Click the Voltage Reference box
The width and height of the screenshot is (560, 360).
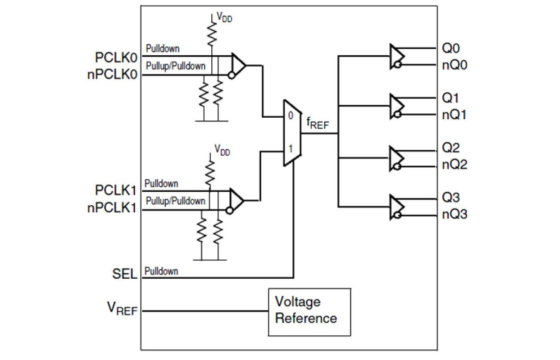click(x=309, y=311)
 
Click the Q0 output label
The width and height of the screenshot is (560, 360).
click(x=450, y=48)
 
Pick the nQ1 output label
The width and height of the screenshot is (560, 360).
click(x=454, y=115)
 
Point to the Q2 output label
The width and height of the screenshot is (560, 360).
click(x=450, y=148)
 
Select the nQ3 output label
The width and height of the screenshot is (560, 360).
click(x=454, y=214)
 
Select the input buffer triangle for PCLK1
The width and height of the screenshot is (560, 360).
click(x=236, y=199)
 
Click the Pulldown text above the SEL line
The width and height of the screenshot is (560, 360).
click(x=161, y=271)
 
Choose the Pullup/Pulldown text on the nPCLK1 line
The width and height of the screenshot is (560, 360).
click(x=176, y=201)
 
